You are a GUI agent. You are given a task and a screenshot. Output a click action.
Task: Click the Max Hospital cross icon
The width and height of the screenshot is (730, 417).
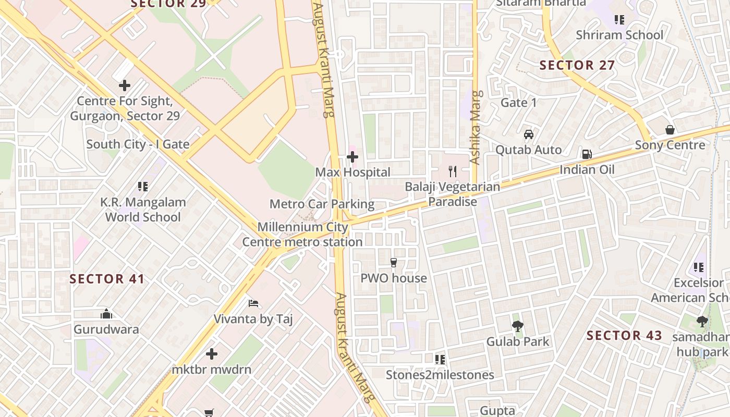tap(352, 156)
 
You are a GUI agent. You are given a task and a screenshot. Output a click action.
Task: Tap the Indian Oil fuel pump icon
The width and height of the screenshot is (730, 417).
tap(587, 154)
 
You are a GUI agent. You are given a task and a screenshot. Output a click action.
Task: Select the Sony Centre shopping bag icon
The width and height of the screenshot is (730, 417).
tap(670, 130)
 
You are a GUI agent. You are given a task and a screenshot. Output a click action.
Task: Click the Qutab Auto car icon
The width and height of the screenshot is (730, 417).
tap(529, 134)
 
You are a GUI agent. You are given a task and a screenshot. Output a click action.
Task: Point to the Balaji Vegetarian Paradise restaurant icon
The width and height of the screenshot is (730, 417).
tap(453, 171)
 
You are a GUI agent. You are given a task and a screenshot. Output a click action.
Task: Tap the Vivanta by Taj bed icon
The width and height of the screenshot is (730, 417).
tap(253, 303)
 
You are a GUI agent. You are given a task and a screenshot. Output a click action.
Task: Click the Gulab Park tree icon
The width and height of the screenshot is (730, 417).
tap(518, 326)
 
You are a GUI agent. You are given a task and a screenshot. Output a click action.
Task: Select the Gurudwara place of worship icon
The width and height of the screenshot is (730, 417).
tap(106, 314)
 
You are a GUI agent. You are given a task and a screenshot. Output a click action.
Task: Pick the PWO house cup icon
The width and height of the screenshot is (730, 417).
tap(394, 263)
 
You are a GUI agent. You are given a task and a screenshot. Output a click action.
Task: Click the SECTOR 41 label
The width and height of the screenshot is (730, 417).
tap(107, 279)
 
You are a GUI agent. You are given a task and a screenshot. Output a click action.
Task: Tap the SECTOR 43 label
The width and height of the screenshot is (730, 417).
tap(624, 335)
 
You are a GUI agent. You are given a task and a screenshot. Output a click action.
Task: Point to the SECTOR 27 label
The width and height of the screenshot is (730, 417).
tap(577, 65)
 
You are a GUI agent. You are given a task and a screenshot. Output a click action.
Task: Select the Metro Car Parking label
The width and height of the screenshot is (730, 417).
tap(322, 204)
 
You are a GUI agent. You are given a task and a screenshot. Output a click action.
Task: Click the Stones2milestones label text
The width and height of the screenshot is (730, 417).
tap(440, 375)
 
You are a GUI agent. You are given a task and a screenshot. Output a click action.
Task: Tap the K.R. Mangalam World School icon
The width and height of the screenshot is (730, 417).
tap(143, 186)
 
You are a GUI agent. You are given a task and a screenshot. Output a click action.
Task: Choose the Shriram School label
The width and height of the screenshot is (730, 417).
tap(619, 35)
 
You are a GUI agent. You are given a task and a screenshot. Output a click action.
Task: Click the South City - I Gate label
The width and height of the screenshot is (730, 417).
tap(138, 144)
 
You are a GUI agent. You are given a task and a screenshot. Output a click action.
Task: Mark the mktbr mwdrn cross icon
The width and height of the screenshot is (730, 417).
tap(211, 354)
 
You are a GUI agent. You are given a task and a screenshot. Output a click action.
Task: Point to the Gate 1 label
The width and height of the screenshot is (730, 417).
tap(518, 103)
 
